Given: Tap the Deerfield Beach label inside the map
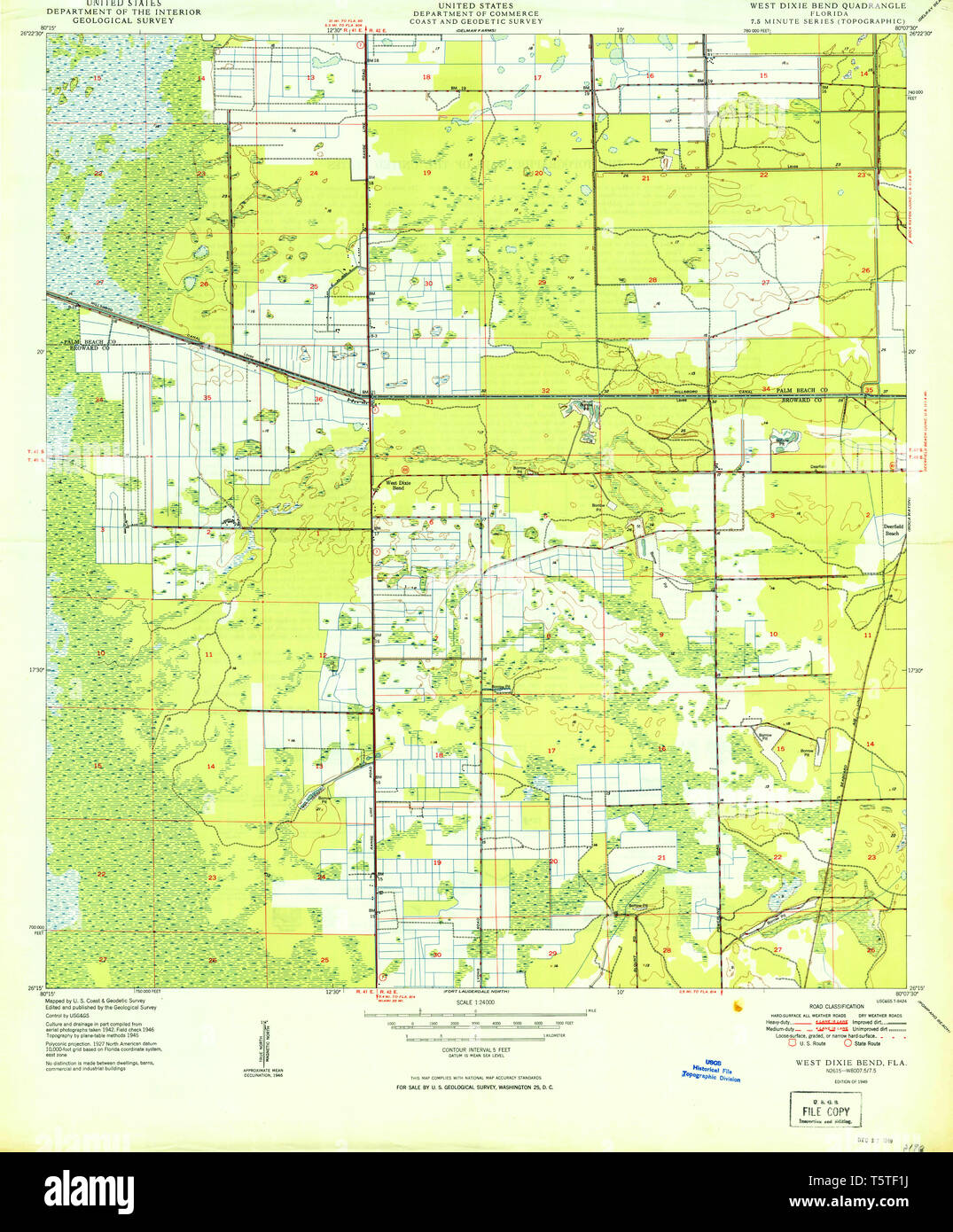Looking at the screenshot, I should point(892,529).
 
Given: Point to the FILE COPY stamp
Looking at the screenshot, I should point(825,1110).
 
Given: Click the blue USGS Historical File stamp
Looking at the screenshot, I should point(711,1071).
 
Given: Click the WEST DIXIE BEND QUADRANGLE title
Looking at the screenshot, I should point(828,5).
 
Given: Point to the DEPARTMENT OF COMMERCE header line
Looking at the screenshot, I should point(475,13).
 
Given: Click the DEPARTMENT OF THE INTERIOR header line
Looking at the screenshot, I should point(123,12).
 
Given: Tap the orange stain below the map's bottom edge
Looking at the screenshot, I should point(736,1005).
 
